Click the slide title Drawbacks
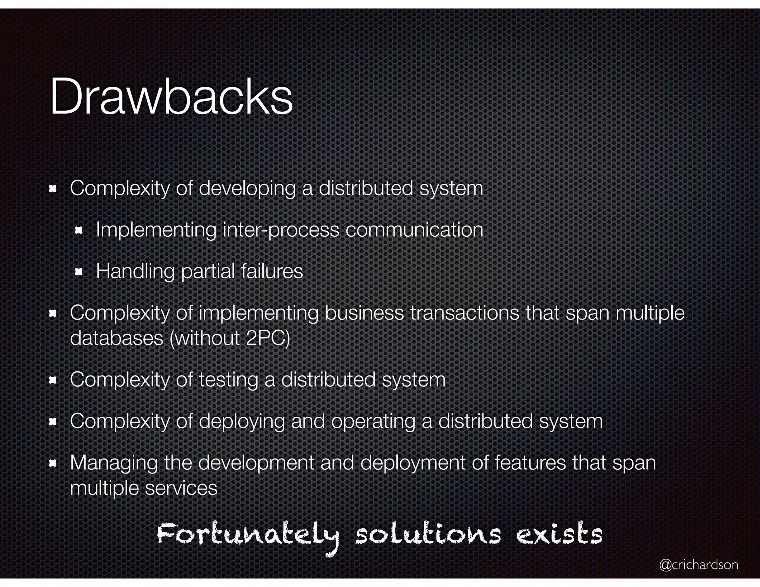171,97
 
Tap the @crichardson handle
698,564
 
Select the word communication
414,230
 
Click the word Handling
135,271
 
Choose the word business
364,312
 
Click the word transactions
465,312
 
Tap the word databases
117,338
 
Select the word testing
228,380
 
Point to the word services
181,488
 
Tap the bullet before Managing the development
52,463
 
